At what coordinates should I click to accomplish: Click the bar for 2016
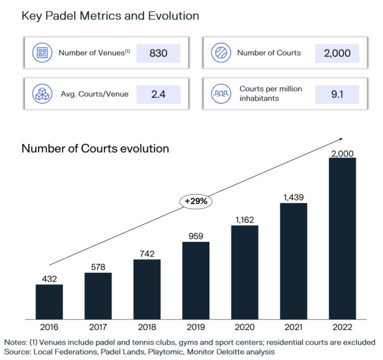[x=49, y=302]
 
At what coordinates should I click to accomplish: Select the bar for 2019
[x=195, y=280]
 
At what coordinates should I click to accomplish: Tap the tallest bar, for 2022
[x=342, y=238]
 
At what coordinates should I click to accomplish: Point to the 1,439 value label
[x=293, y=197]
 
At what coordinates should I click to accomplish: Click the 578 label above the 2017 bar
[x=98, y=267]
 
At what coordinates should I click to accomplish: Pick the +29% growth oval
[x=196, y=201]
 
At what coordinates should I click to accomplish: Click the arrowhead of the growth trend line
[x=341, y=138]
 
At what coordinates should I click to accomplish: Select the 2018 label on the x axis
[x=147, y=327]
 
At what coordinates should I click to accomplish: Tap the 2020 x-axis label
[x=244, y=327]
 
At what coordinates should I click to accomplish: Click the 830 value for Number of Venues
[x=158, y=53]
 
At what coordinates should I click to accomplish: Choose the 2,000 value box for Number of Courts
[x=337, y=53]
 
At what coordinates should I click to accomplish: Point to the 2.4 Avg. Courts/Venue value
[x=158, y=93]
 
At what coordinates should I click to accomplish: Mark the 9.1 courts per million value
[x=337, y=93]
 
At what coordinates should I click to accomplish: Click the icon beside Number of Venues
[x=42, y=53]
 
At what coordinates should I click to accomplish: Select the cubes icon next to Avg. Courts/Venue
[x=42, y=93]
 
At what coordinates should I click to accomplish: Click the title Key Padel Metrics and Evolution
[x=110, y=16]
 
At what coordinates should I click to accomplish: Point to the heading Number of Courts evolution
[x=95, y=148]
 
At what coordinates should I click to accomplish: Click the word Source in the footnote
[x=18, y=352]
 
